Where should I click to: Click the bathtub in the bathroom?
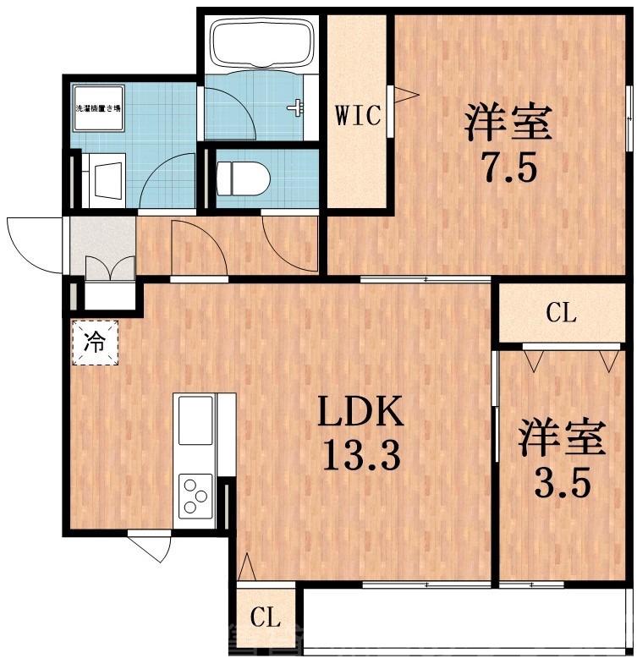pyautogui.click(x=261, y=43)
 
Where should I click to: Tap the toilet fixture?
pyautogui.click(x=243, y=178)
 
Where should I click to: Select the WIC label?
pyautogui.click(x=359, y=113)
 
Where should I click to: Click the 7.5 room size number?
pyautogui.click(x=507, y=169)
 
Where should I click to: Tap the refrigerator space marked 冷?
pyautogui.click(x=96, y=342)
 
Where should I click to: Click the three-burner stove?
pyautogui.click(x=195, y=496)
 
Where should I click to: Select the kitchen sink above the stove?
pyautogui.click(x=195, y=420)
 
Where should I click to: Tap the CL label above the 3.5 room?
pyautogui.click(x=561, y=315)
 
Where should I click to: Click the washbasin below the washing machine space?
pyautogui.click(x=107, y=179)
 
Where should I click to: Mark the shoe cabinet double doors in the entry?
pyautogui.click(x=110, y=267)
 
